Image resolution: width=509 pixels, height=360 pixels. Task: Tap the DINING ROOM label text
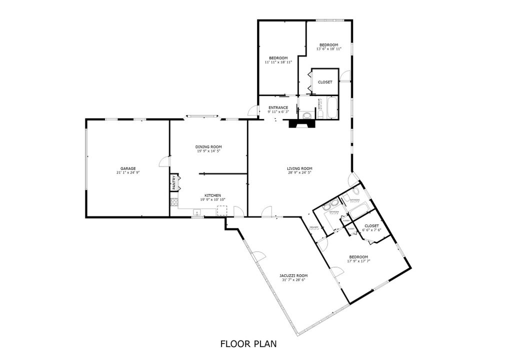[208, 146]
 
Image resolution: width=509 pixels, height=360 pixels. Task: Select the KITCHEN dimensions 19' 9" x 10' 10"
[212, 199]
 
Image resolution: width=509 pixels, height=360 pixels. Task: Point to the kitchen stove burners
[174, 202]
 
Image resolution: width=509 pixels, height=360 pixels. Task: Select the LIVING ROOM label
[299, 168]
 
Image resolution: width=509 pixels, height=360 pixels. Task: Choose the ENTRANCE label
[278, 107]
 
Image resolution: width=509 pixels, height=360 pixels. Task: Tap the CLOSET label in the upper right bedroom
[325, 82]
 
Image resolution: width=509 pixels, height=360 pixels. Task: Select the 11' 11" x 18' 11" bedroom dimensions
[278, 62]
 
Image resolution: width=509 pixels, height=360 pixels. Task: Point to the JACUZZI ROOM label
[293, 275]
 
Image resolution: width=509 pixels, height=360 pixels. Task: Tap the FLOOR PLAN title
[248, 344]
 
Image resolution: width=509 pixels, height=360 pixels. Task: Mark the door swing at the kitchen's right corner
[240, 212]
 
